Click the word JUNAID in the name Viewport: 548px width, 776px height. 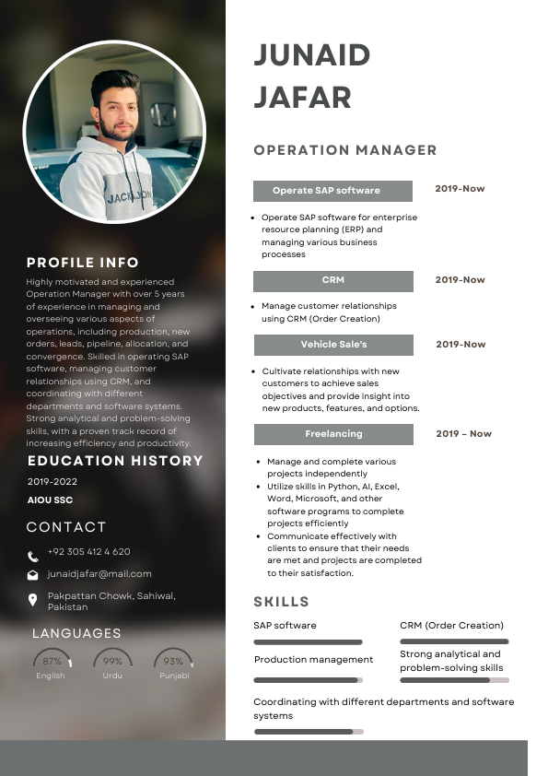tap(311, 55)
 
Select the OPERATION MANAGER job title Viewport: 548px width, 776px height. tap(344, 150)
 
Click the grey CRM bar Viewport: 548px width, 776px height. tap(332, 280)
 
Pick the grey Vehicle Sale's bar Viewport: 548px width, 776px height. tap(332, 345)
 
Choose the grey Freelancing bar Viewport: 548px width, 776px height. tap(332, 434)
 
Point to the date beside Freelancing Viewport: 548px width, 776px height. tap(463, 434)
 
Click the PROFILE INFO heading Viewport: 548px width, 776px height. tap(83, 263)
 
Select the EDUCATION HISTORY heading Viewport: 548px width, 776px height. tap(115, 461)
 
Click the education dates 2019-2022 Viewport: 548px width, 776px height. tap(52, 482)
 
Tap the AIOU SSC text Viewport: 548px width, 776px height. tap(50, 500)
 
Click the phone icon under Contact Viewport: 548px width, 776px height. tap(33, 556)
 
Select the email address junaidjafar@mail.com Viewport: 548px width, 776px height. tap(99, 574)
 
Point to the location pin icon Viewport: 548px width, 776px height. tap(33, 599)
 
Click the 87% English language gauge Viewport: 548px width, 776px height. tap(52, 661)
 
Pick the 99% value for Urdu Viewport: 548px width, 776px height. tap(112, 662)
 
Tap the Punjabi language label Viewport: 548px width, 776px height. tap(173, 676)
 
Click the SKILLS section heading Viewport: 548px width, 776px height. tap(281, 602)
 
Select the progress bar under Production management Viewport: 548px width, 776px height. tap(308, 680)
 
